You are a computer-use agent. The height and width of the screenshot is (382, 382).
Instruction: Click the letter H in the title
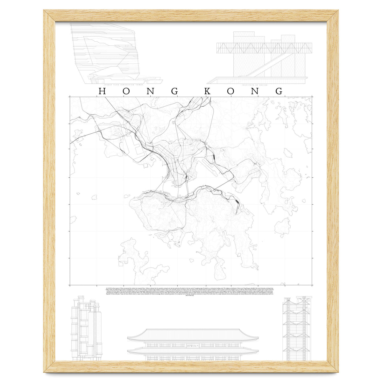coord(102,91)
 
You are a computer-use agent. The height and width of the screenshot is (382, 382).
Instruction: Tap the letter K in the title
coord(207,91)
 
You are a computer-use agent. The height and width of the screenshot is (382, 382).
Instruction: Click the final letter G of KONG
coord(279,91)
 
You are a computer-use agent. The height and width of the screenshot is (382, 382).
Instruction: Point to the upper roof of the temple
coord(193,334)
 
